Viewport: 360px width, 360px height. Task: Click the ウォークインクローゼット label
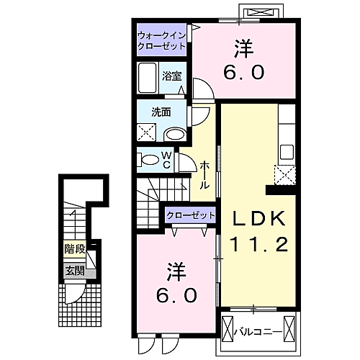click(x=162, y=40)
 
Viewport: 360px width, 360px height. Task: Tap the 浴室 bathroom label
click(x=171, y=75)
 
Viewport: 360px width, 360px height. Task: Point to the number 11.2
click(x=259, y=243)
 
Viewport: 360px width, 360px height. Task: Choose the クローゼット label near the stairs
click(x=191, y=215)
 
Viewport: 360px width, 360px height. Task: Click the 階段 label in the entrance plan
click(x=73, y=249)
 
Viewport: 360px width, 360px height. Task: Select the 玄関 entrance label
click(x=73, y=271)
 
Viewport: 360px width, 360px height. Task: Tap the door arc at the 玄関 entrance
click(x=74, y=294)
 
